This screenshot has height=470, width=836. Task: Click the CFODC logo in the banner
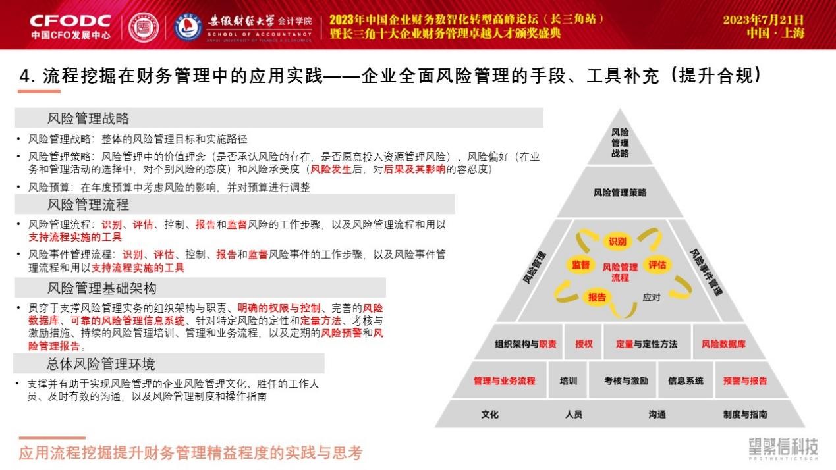70,27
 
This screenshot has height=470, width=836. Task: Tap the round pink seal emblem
144,27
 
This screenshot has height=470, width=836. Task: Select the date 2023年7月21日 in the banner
764,20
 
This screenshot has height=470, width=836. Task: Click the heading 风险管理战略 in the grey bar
88,118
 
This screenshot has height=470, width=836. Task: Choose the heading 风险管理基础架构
102,288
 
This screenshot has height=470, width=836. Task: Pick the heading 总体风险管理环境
100,363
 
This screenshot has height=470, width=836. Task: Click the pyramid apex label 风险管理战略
620,143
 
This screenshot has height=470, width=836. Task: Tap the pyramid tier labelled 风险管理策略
620,192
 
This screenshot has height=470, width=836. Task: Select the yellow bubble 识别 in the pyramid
617,242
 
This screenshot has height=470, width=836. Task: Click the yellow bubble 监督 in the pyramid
581,265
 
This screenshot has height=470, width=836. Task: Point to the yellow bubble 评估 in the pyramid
657,265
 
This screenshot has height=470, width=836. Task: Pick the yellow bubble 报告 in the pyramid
597,298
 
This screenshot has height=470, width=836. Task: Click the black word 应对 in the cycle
652,298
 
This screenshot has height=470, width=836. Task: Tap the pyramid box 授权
584,344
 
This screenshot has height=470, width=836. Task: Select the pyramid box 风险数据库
723,344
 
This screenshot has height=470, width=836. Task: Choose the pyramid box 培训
569,381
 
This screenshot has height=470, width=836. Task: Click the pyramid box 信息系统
686,381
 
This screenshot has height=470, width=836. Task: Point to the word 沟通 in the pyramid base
657,415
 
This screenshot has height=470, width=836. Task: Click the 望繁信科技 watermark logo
783,449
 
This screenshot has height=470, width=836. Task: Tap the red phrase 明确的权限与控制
279,308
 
